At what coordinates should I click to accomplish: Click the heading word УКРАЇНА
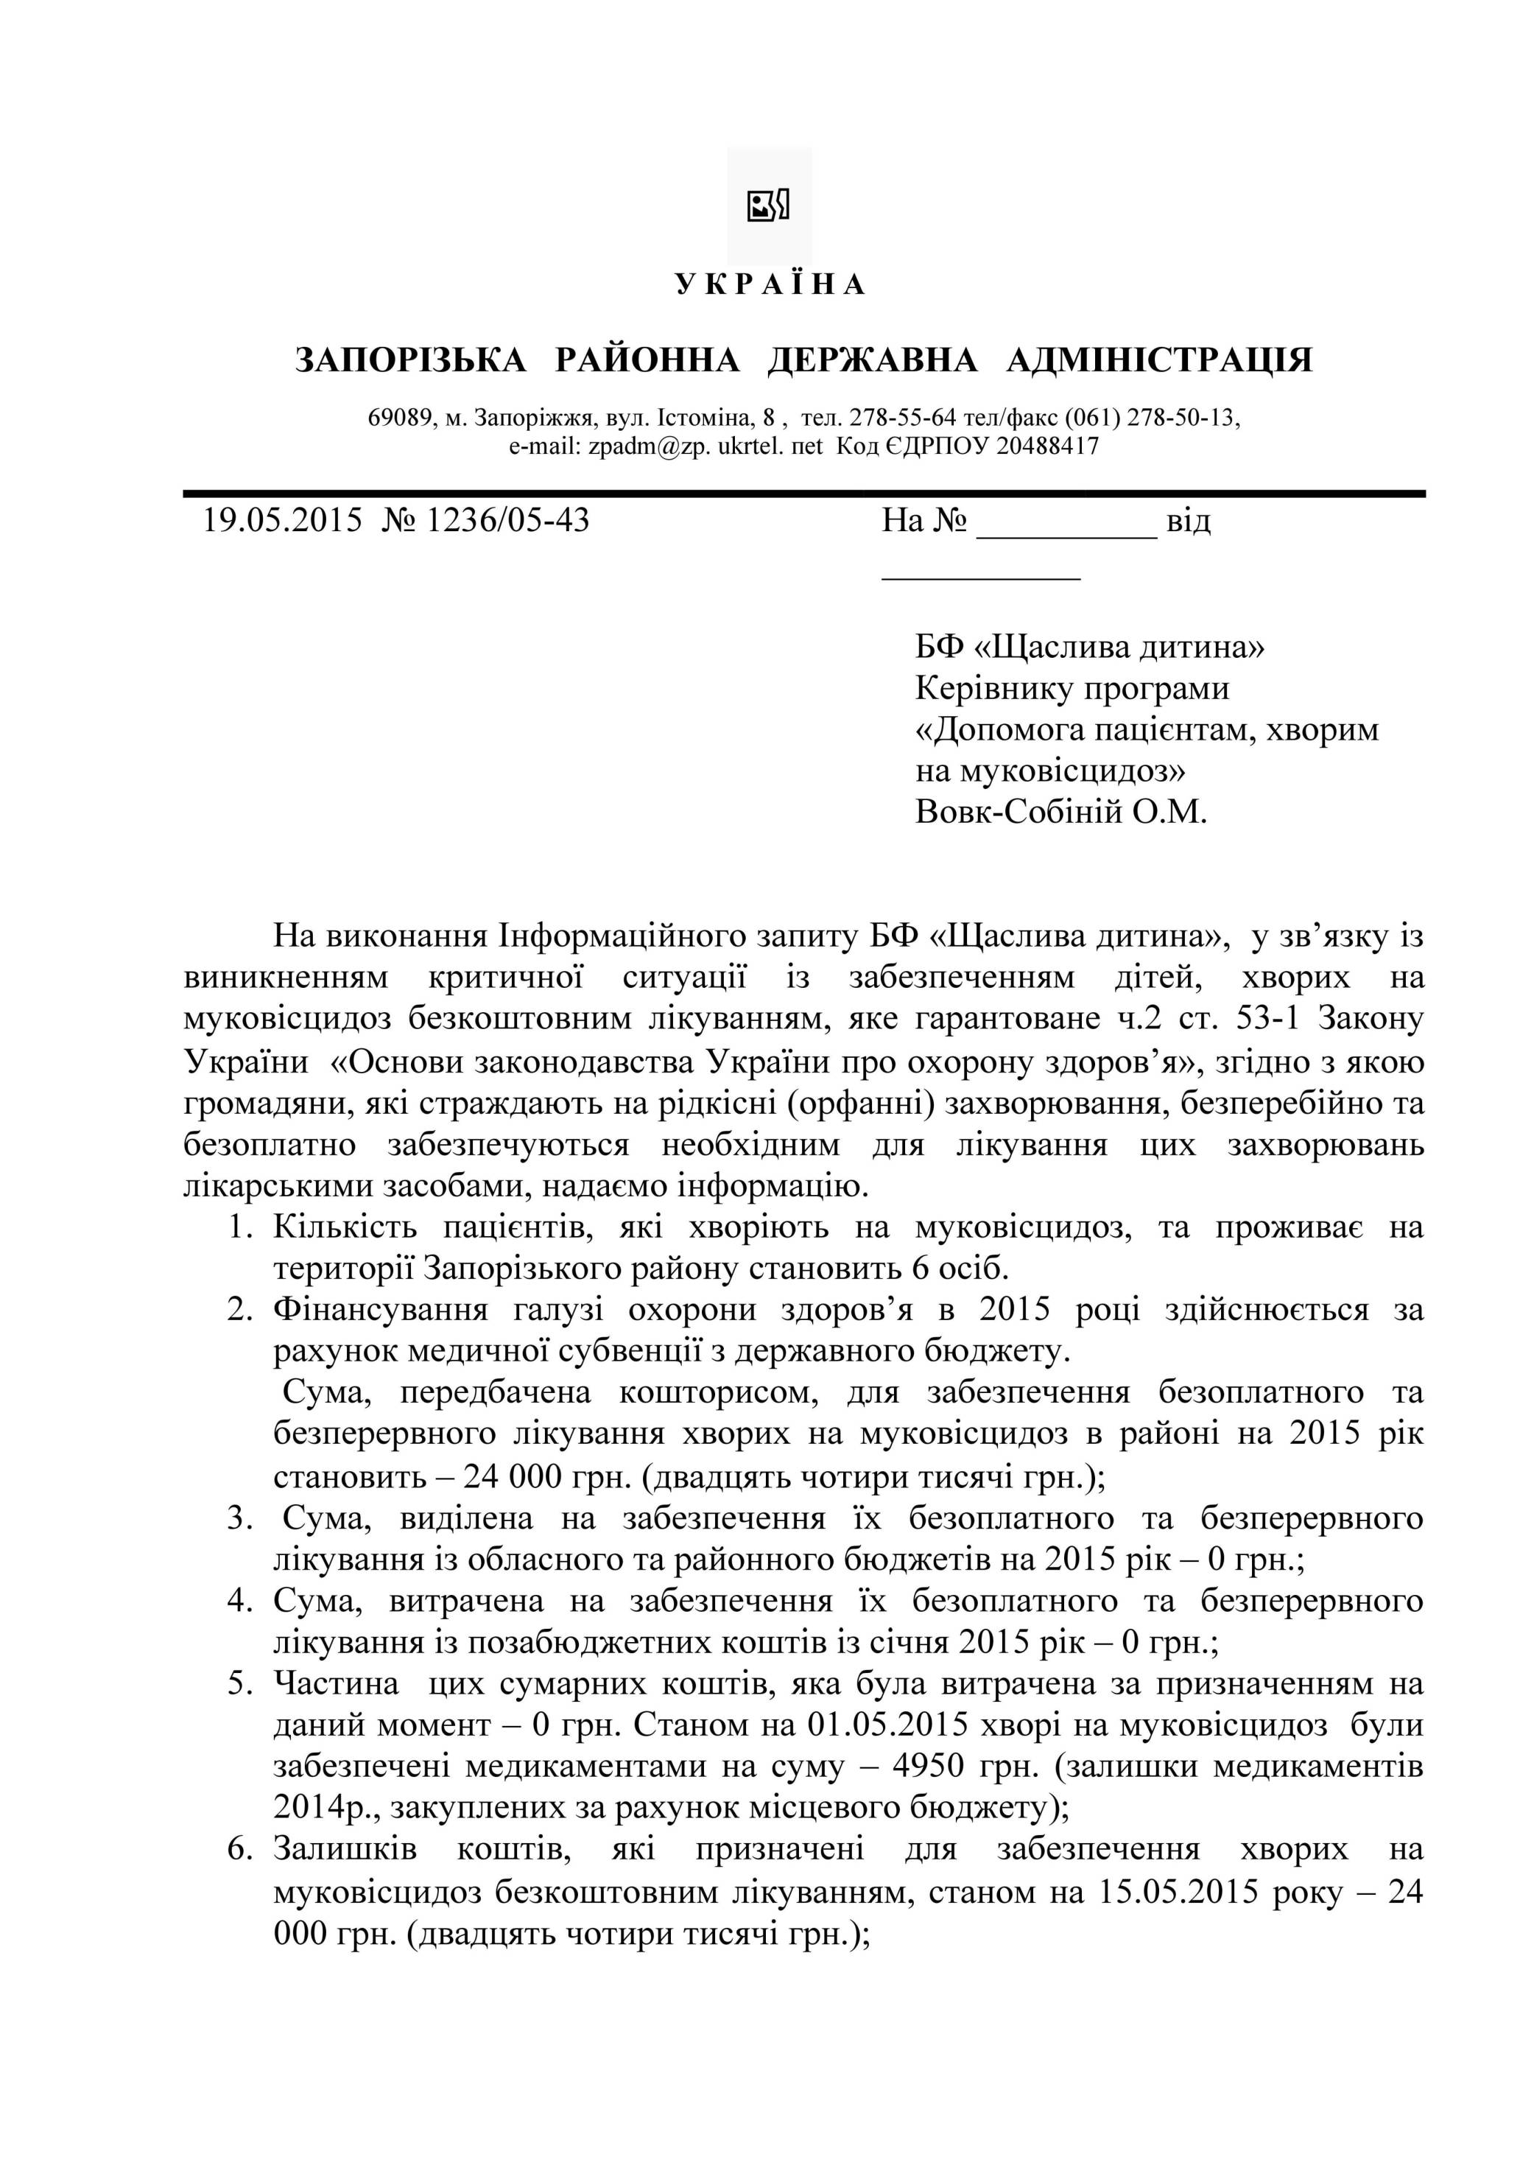(x=770, y=284)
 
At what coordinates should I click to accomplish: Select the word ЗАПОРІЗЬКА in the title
(x=410, y=360)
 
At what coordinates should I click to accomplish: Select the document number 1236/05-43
(x=507, y=520)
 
